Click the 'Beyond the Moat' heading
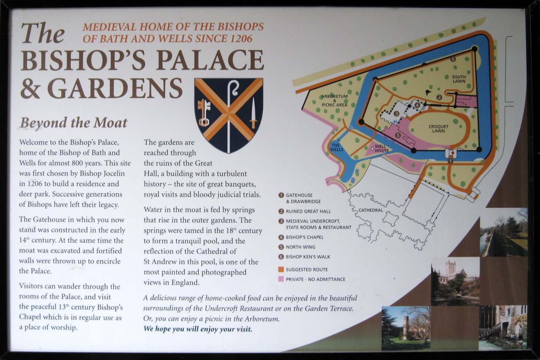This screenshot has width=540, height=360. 74,123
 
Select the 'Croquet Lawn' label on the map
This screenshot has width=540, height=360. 438,129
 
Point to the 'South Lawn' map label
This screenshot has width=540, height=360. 459,79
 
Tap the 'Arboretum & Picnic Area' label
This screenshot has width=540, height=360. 334,100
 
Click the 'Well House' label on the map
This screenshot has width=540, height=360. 381,148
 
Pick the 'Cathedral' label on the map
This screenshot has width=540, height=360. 371,210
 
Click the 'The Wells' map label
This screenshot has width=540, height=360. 336,147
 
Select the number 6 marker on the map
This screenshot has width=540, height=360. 453,59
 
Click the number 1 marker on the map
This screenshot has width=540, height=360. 450,161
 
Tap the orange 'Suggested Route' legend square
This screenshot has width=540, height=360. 281,270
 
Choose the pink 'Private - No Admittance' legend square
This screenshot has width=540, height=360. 281,279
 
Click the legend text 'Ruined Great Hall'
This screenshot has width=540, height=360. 308,212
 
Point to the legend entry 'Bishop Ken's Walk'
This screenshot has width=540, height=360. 308,257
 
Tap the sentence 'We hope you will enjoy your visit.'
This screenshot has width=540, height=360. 198,329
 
